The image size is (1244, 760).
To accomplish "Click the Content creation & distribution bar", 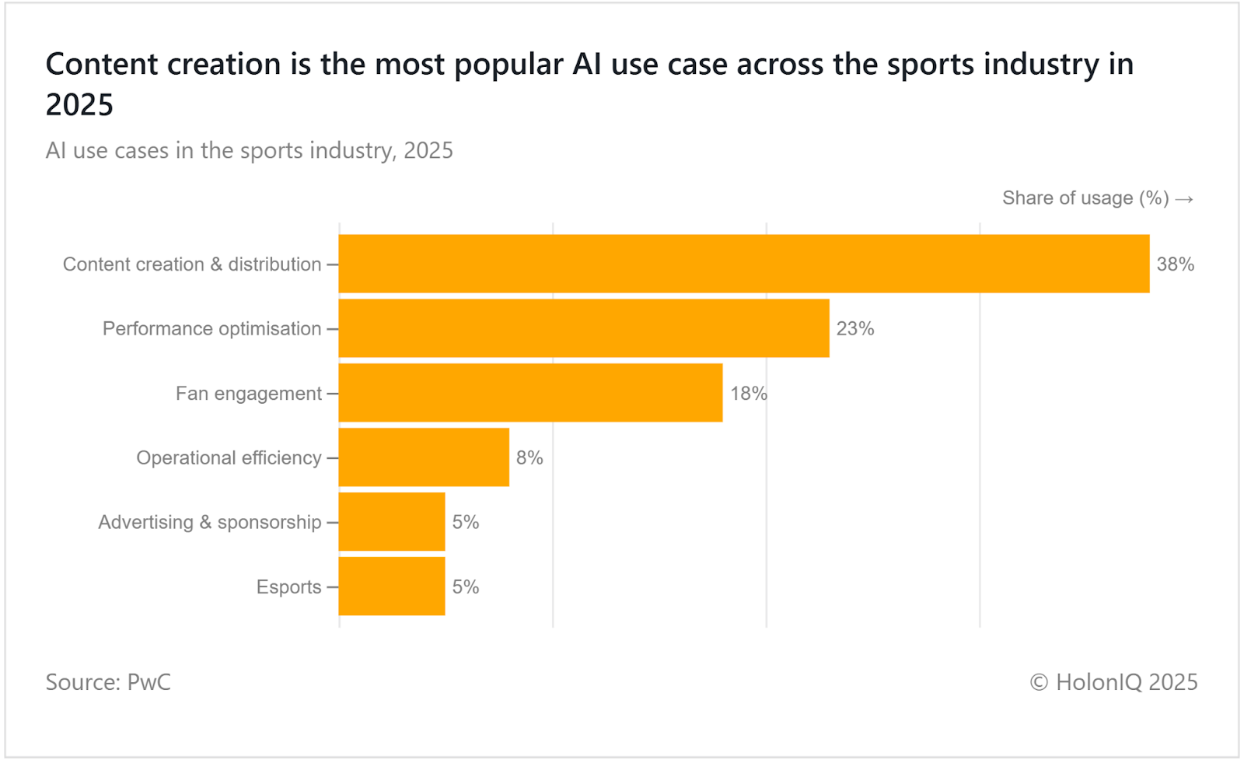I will point(743,264).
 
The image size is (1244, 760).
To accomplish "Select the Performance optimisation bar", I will point(584,328).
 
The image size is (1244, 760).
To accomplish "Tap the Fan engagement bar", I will point(530,393).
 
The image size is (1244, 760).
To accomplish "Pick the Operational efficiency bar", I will point(424,457).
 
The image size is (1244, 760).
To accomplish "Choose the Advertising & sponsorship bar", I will point(392,522).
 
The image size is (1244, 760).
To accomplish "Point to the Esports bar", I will point(392,587).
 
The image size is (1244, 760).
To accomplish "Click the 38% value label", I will point(1175,264).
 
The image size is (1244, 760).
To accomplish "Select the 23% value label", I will point(854,329).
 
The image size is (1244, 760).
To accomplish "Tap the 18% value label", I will point(748,394).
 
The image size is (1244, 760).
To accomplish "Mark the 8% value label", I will point(529,458).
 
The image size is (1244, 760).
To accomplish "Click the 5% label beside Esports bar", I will point(466,587).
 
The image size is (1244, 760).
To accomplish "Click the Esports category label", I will point(288,587).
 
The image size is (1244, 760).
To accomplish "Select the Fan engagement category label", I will point(248,394).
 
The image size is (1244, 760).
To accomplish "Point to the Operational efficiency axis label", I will point(229,458).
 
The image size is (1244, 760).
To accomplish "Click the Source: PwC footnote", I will point(108,682).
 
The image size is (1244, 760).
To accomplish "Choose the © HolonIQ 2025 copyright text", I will point(1113,682).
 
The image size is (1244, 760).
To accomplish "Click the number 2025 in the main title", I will point(79,105).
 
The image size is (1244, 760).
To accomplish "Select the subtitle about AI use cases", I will point(249,150).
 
